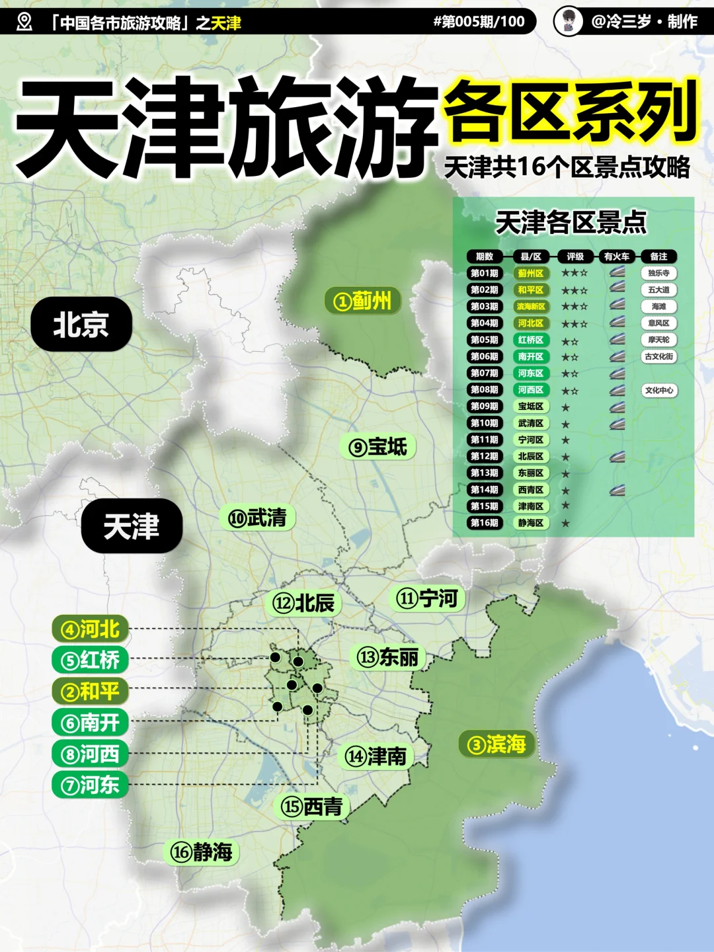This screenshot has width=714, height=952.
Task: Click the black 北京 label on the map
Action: point(81,324)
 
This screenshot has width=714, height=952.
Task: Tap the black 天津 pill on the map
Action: point(132,526)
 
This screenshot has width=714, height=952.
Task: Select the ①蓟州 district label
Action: point(363,301)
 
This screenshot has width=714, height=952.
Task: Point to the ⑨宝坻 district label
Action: point(378,447)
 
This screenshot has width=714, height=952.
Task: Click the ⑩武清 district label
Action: point(257,518)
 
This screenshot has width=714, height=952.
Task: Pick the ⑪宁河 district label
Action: point(427,598)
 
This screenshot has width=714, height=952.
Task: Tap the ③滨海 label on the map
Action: point(496,744)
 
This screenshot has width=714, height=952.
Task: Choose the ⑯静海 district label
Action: point(202,852)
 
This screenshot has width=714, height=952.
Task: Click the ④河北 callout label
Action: point(91,629)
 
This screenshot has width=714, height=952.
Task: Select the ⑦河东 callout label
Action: point(91,785)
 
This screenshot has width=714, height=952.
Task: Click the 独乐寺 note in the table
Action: point(658,273)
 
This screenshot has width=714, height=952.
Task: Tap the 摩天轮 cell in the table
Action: point(658,340)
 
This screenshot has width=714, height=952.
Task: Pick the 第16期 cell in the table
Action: point(485,523)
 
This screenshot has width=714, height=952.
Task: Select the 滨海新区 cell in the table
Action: point(531,307)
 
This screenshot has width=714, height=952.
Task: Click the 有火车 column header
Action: point(617,257)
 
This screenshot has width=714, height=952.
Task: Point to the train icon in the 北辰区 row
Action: point(617,456)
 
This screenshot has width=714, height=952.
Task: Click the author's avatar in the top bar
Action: point(568,21)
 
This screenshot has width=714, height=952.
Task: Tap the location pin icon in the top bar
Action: point(24,22)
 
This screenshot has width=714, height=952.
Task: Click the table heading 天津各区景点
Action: point(571,223)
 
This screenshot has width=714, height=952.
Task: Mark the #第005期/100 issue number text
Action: point(479,22)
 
